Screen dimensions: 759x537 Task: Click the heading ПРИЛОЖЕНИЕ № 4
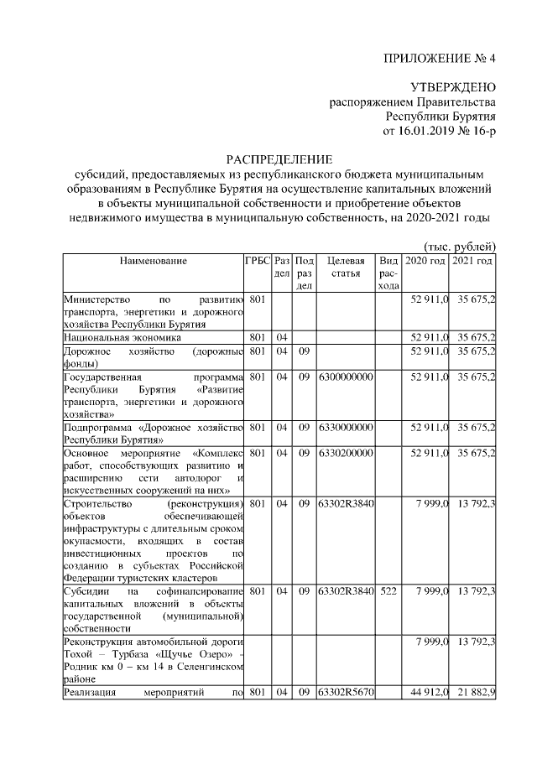[x=440, y=59]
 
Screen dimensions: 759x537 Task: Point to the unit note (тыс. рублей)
[x=457, y=246]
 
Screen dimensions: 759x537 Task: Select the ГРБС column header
[x=257, y=261]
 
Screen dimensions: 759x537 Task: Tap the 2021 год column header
[x=472, y=261]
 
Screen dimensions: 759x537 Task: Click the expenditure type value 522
[x=388, y=592]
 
